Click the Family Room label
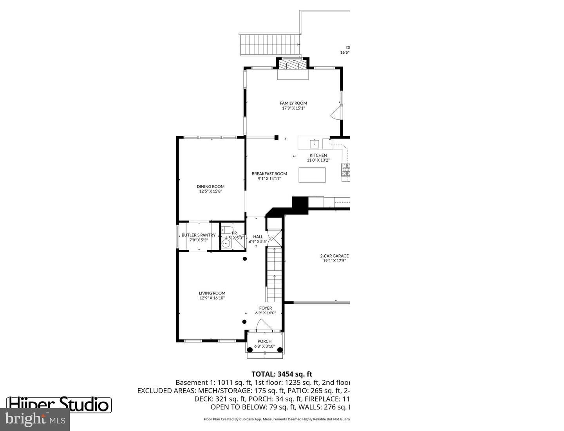pyautogui.click(x=293, y=103)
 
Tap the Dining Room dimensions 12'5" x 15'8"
pyautogui.click(x=211, y=191)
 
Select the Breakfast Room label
pyautogui.click(x=269, y=174)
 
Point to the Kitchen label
pyautogui.click(x=318, y=155)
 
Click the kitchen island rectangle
pyautogui.click(x=312, y=175)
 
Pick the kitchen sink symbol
pyautogui.click(x=315, y=144)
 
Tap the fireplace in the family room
pyautogui.click(x=293, y=64)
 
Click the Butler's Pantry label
pyautogui.click(x=199, y=235)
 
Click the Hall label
pyautogui.click(x=258, y=237)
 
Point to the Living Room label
pyautogui.click(x=212, y=293)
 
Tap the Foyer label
pyautogui.click(x=266, y=308)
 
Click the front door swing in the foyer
pyautogui.click(x=264, y=325)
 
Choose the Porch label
pyautogui.click(x=264, y=341)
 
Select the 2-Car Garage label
pyautogui.click(x=334, y=256)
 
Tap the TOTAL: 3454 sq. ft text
pyautogui.click(x=282, y=374)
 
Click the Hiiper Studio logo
pyautogui.click(x=59, y=404)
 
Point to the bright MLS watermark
pyautogui.click(x=35, y=420)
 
